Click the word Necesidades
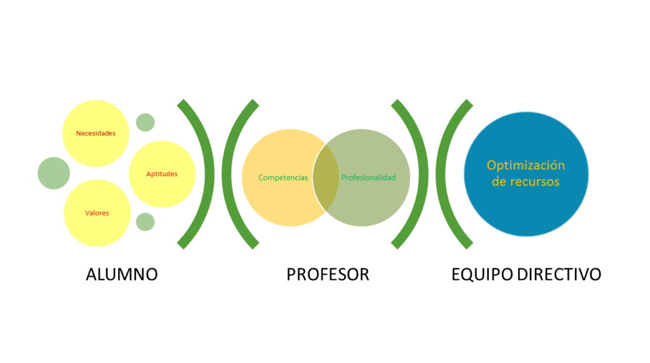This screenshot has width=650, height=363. click(95, 134)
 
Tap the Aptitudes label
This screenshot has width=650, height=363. click(162, 174)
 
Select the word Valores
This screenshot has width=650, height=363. click(97, 213)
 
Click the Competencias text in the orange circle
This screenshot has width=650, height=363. click(283, 177)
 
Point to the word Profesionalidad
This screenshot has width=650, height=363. click(368, 177)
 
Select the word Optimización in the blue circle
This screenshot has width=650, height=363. click(526, 165)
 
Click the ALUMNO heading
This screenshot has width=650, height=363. click(121, 275)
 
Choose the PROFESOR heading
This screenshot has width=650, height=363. click(328, 275)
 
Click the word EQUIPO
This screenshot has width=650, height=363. click(481, 275)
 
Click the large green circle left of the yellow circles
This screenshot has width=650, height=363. click(53, 173)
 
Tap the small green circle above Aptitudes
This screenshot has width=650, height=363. click(145, 121)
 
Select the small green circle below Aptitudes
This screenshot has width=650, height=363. click(145, 222)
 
